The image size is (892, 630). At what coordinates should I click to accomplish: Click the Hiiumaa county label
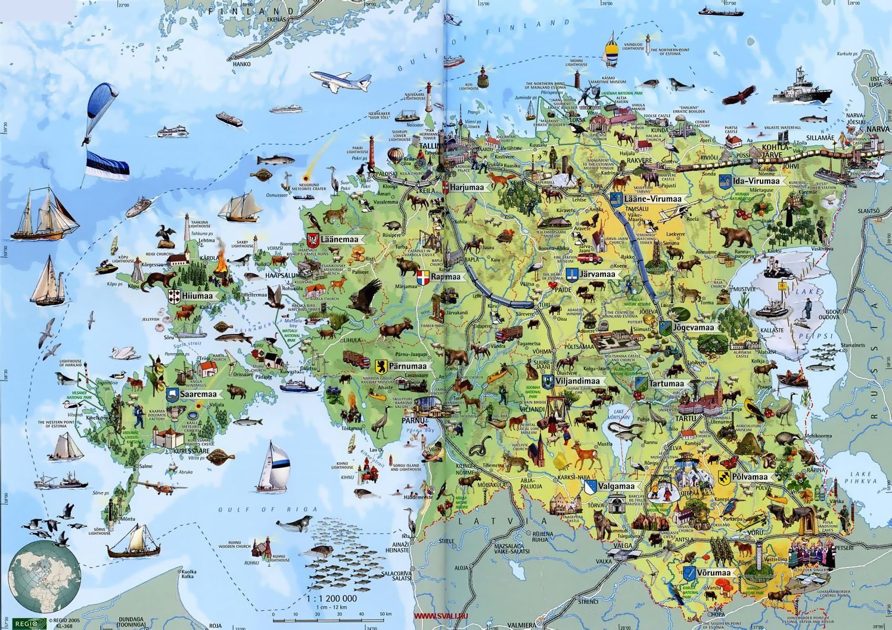coord(197,296)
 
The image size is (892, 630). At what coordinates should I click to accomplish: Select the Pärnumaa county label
coord(408,366)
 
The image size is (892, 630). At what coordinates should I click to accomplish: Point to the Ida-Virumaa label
coord(756,181)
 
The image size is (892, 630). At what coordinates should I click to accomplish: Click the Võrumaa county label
coord(713,573)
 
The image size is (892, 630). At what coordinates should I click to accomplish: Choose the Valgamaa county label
coord(616,486)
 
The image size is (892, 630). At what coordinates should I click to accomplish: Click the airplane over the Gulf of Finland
coord(340,81)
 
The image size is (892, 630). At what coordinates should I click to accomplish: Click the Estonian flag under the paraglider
coord(107,165)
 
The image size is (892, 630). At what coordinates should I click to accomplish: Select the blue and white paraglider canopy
coord(102,100)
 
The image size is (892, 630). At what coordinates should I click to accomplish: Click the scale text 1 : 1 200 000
coord(331,598)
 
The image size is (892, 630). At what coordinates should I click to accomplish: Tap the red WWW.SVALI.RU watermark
coord(440,616)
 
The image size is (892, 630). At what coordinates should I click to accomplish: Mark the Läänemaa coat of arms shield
coord(312,240)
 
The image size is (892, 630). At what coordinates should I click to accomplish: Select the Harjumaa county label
coord(467,187)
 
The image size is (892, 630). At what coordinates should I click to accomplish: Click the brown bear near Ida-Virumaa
coord(735,236)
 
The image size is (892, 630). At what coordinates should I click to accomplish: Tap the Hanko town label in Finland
coord(241,64)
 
